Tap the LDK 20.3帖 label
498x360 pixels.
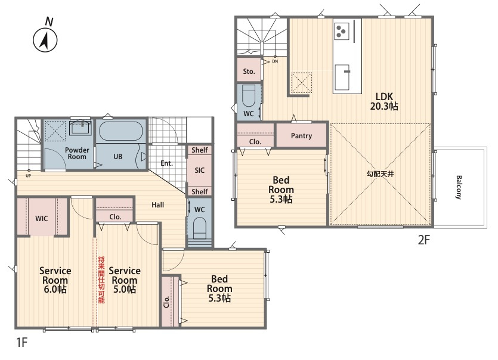coord(384,101)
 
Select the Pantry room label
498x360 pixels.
coord(301,136)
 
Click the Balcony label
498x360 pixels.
coord(459,187)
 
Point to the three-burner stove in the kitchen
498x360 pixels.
coord(341,30)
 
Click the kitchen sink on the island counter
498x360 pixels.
coord(343,77)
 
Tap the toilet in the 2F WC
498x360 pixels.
coord(249,95)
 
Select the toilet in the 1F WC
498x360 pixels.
coord(199,228)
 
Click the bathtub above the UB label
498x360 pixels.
coord(120,131)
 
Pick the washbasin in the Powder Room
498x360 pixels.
coord(81,128)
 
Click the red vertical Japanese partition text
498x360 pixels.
coord(101,280)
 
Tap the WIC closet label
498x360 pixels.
coord(42,218)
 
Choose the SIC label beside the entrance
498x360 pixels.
coord(199,170)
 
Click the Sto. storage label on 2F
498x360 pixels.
coord(249,72)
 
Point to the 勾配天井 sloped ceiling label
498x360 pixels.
coord(380,173)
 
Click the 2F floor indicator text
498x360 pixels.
coord(423,240)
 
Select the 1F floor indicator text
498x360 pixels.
coord(22,343)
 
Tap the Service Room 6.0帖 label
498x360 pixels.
coord(55,280)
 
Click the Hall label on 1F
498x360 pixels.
coord(157,205)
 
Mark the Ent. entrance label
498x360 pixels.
coord(167,163)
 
